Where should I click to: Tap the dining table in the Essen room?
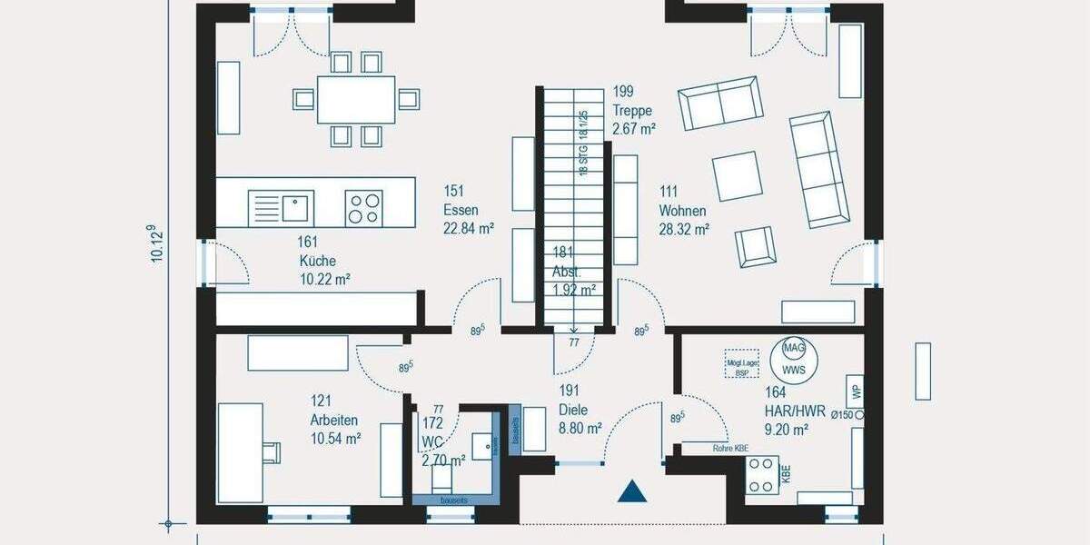tap(356, 99)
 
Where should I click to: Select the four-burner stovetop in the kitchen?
tap(365, 209)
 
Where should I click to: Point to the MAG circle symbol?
tap(793, 348)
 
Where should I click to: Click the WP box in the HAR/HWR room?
tap(855, 391)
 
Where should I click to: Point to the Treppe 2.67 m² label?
tap(634, 110)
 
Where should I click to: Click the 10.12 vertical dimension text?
tap(157, 243)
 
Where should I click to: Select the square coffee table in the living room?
tap(738, 175)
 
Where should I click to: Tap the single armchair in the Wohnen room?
tap(756, 246)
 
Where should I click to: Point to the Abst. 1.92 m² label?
tap(573, 272)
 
